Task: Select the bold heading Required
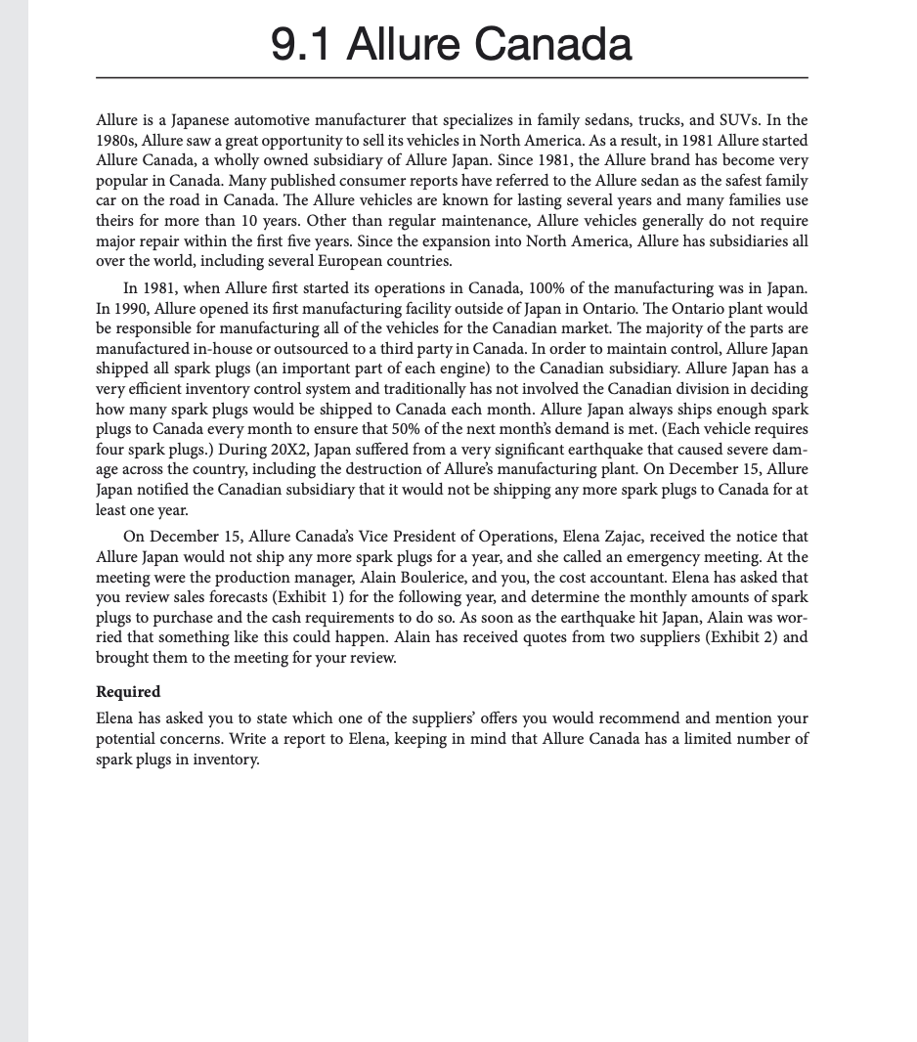coord(128,692)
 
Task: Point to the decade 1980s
coord(119,140)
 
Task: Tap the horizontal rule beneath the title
coord(452,77)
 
